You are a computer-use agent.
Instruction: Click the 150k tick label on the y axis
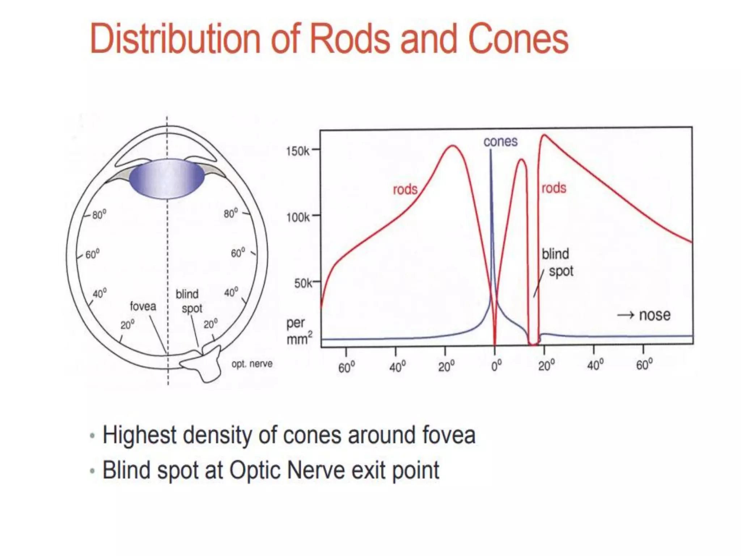297,150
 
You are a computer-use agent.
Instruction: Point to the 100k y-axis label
298,217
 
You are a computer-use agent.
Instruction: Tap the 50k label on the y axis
303,283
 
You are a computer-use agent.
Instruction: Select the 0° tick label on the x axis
496,366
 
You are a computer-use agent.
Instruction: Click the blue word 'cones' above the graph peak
500,142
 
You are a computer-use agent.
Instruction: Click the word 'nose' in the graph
655,315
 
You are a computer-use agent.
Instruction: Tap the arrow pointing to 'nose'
626,315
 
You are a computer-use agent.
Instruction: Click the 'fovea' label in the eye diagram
143,306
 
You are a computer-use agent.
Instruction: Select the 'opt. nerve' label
252,364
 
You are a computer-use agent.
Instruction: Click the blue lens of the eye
167,178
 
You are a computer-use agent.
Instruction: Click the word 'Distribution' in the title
175,38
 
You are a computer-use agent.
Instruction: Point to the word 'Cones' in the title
518,38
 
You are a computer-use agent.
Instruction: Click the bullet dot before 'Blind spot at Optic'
93,471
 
